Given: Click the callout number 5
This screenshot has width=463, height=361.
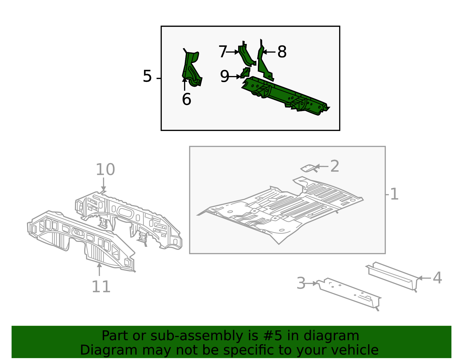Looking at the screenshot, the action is click(147, 76).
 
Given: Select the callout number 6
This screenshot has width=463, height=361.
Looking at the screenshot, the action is click(187, 99).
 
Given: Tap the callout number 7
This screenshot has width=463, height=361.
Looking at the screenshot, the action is click(223, 52).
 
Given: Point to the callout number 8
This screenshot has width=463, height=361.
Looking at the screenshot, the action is click(282, 52).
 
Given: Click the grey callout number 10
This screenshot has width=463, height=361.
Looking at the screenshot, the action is click(105, 170).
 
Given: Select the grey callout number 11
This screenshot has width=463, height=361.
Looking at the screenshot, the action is click(101, 286).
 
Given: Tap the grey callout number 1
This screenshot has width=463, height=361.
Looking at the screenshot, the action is click(394, 194).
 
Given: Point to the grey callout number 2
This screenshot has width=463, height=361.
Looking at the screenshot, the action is click(335, 166).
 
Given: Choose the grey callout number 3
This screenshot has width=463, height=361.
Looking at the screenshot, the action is click(301, 283).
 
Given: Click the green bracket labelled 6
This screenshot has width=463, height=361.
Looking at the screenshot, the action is click(192, 68).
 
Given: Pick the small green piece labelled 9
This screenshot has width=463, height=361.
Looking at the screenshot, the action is click(245, 73).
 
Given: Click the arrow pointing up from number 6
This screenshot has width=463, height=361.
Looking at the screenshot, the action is click(185, 84).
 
